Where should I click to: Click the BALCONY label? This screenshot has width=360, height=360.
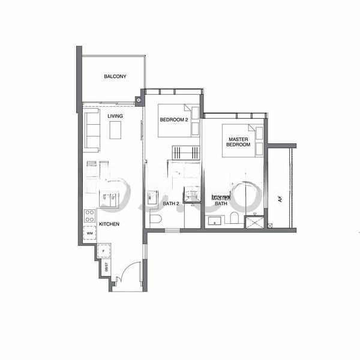click(x=115, y=77)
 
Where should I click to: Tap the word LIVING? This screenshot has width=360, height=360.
click(x=115, y=116)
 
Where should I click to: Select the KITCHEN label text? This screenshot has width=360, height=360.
click(x=109, y=224)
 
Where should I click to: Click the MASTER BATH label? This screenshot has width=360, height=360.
click(x=220, y=200)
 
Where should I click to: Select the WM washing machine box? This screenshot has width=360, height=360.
click(x=90, y=233)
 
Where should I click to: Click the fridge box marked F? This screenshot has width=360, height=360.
click(x=104, y=251)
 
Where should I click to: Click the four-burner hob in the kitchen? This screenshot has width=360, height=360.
click(x=90, y=215)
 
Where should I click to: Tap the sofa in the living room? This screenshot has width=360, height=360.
click(x=92, y=130)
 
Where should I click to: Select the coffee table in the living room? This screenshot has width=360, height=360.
click(x=115, y=130)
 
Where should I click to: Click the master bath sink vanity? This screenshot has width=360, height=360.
click(x=214, y=221)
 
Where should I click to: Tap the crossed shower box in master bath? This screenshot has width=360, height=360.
click(x=254, y=221)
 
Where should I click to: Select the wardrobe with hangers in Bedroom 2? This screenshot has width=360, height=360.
click(x=185, y=153)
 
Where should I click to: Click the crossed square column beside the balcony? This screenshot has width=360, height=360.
click(x=140, y=100)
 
